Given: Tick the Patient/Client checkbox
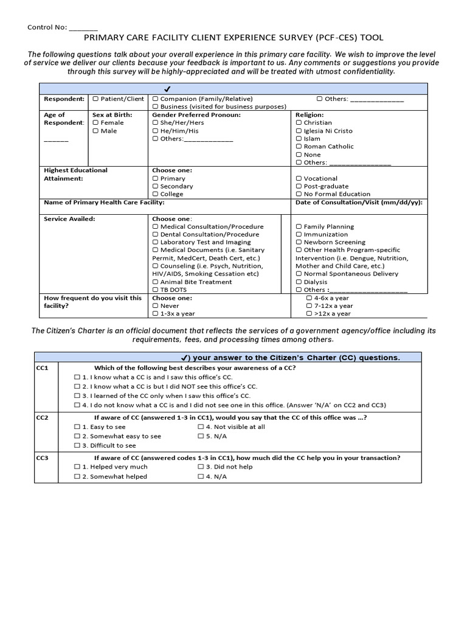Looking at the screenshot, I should pyautogui.click(x=95, y=99).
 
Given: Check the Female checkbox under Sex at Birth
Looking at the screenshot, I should pyautogui.click(x=95, y=123).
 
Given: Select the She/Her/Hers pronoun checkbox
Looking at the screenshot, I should pyautogui.click(x=155, y=123).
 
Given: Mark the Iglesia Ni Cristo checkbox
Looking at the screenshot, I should pyautogui.click(x=299, y=131).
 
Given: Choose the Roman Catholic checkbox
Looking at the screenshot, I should pyautogui.click(x=299, y=147).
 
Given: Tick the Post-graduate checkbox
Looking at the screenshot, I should pyautogui.click(x=299, y=186).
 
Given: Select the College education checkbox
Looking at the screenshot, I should pyautogui.click(x=155, y=194).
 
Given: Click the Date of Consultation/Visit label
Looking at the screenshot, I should pyautogui.click(x=359, y=203).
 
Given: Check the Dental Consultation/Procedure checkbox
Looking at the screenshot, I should pyautogui.click(x=155, y=234).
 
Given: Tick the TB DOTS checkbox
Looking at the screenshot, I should pyautogui.click(x=155, y=290).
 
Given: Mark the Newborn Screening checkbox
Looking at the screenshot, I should pyautogui.click(x=299, y=242).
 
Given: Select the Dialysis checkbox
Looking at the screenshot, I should pyautogui.click(x=299, y=282).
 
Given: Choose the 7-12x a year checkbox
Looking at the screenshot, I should pyautogui.click(x=309, y=306).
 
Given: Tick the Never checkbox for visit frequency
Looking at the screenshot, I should pyautogui.click(x=155, y=306).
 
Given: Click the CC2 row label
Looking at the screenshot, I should pyautogui.click(x=43, y=418).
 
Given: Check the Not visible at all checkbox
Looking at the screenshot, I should pyautogui.click(x=201, y=427).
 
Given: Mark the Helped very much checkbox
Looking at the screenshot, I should pyautogui.click(x=77, y=467).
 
